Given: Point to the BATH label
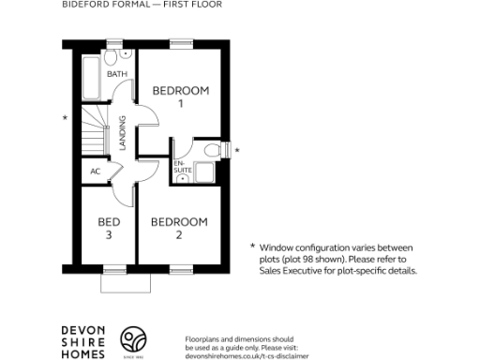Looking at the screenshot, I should [118, 73].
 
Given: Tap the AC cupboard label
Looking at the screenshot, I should [96, 172].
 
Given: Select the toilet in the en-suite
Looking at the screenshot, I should [211, 150].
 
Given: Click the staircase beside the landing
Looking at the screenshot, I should [91, 132].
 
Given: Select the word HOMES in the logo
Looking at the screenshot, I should [82, 352].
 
